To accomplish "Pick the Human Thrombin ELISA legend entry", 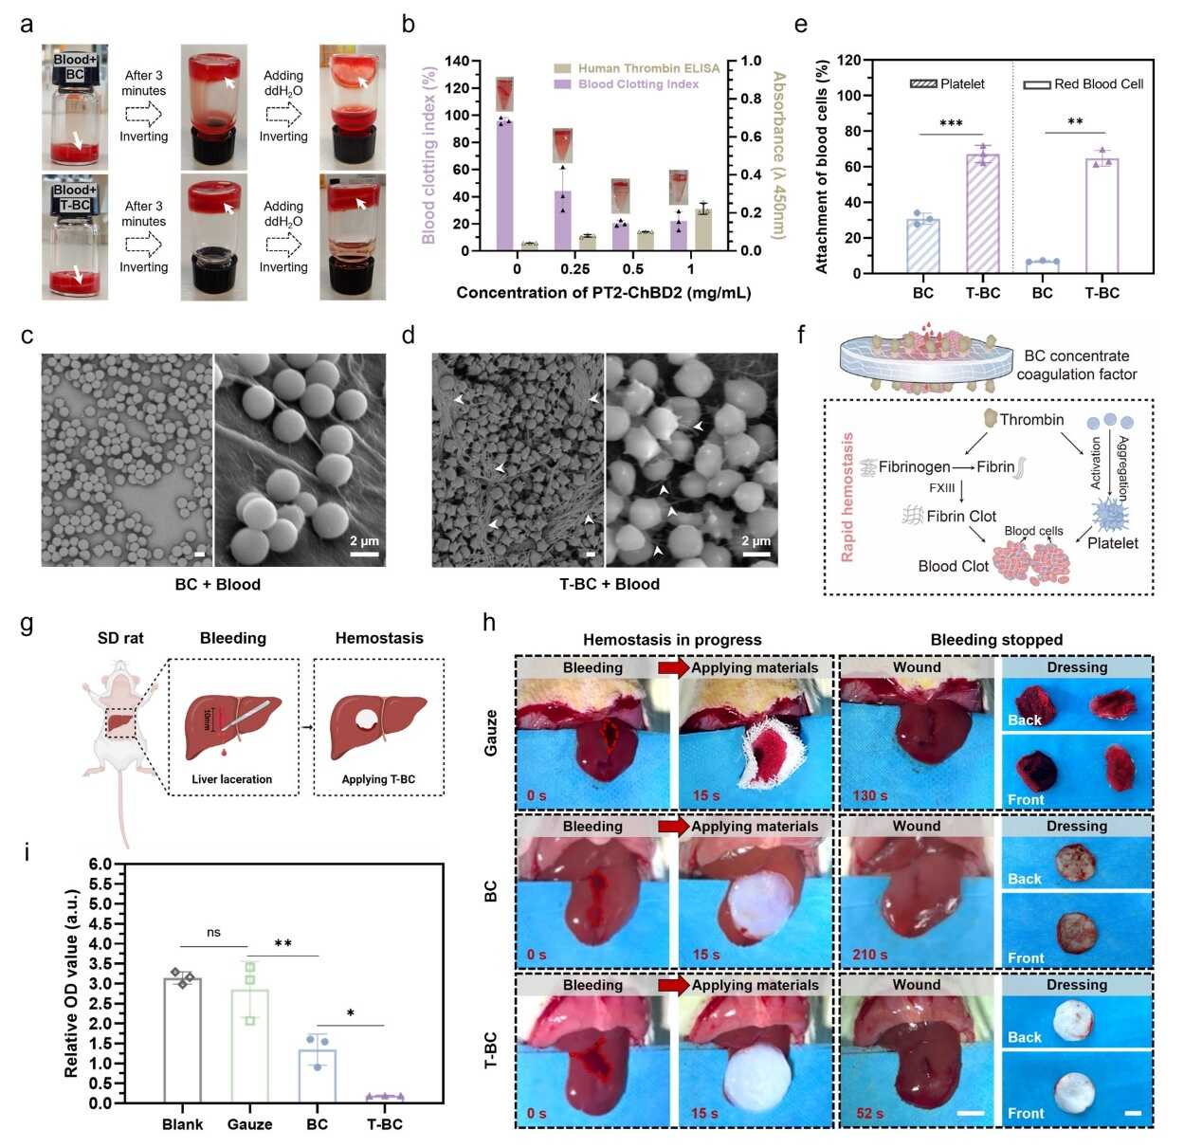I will tap(637, 68).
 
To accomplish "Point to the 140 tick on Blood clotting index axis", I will tap(457, 62).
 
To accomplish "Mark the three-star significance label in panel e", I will tap(951, 124).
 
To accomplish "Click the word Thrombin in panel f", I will tap(1031, 420).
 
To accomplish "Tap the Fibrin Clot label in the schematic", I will tap(960, 517).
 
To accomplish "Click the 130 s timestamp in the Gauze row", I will tap(869, 795).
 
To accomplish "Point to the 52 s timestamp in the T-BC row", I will tap(869, 1113).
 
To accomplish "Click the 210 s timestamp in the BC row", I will tap(869, 955).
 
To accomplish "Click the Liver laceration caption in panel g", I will tap(231, 779).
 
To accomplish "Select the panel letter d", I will tap(409, 336).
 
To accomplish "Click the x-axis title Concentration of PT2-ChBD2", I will tap(603, 293).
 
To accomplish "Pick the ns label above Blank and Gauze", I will tap(213, 933).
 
